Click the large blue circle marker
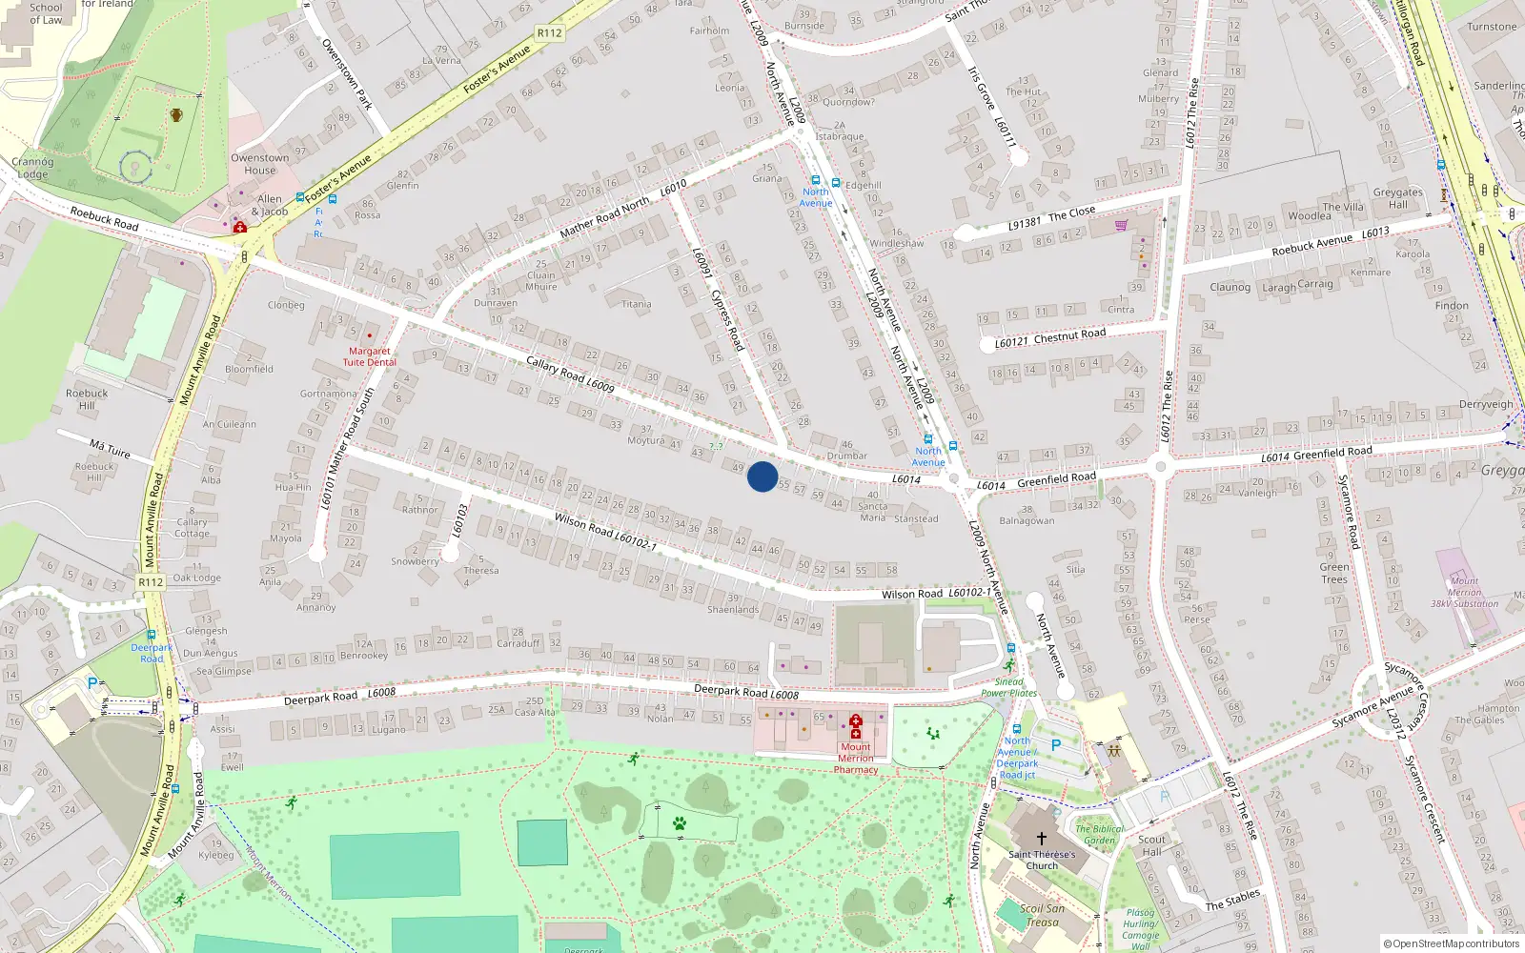762,476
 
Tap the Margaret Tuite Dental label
370,356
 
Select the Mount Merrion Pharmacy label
856,759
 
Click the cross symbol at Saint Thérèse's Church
1042,839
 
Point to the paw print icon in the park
680,823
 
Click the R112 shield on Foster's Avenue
550,32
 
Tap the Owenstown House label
259,164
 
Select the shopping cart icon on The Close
1122,226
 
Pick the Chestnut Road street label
1069,335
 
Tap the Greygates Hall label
1397,198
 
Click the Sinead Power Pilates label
1008,687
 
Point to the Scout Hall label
1151,845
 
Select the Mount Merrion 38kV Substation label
1464,592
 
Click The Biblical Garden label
1098,834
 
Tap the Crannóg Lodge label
32,168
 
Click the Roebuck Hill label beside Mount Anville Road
87,398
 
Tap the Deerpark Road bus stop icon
152,635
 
